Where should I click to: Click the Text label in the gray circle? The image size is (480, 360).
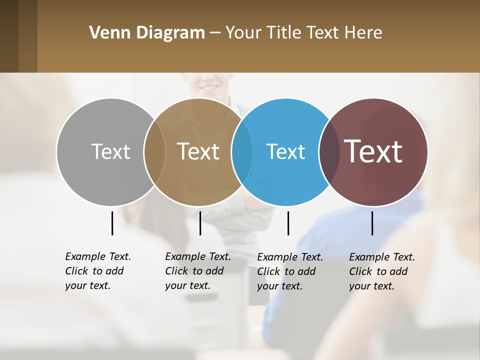point(110,151)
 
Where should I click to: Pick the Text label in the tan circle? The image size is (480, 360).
point(198,151)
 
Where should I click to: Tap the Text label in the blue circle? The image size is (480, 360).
point(285,151)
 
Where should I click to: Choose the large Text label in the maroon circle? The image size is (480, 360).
point(373,151)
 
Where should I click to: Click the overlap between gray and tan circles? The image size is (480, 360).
point(154,151)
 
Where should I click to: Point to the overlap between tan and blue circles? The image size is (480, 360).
point(242,151)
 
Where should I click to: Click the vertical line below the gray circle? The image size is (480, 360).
point(112,223)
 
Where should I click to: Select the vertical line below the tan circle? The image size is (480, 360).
point(200,223)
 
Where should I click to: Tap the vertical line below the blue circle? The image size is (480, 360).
point(288,223)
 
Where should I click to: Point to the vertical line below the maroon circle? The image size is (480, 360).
point(372,223)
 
